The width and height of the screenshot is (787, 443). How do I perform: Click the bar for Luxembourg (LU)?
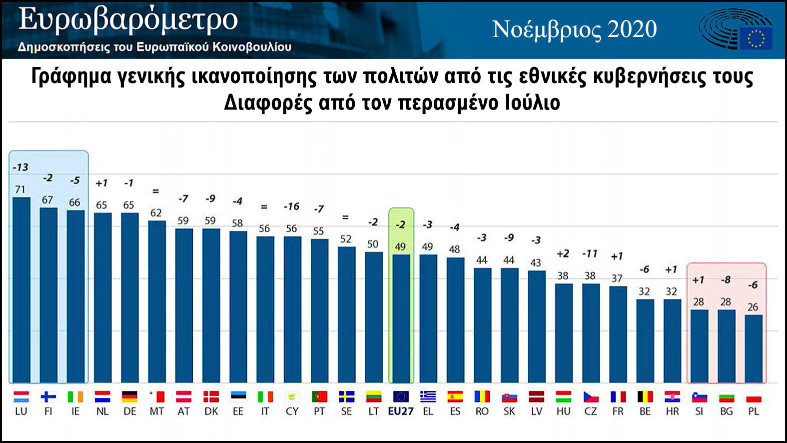point(21,290)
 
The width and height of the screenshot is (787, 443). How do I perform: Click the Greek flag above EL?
point(428,397)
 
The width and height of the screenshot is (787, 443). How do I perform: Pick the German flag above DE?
point(129,397)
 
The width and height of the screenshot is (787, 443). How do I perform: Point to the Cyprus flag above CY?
point(292,397)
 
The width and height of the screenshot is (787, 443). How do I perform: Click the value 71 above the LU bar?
point(20,189)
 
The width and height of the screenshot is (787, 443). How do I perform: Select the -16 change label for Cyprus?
point(291,206)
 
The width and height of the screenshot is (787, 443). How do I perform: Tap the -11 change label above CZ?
point(590,254)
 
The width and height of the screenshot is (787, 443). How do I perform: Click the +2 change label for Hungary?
point(563,254)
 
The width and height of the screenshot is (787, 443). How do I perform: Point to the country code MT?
point(156,411)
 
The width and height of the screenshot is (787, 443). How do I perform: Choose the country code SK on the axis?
point(509,411)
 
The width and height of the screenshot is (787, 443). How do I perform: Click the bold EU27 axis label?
point(401,411)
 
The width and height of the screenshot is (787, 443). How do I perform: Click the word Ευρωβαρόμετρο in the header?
point(128,20)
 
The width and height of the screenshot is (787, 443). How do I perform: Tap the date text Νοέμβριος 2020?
point(575,29)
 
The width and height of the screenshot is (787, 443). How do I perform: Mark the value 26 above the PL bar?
point(753,307)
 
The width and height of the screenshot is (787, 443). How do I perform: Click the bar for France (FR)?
point(618,334)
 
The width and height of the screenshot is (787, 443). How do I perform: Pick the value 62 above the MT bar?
point(156,212)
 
